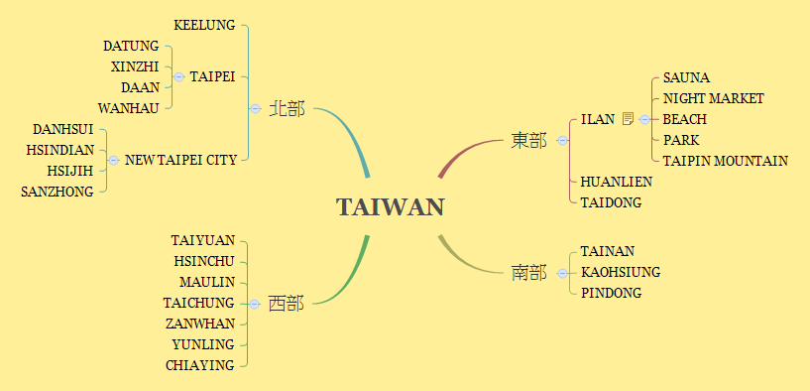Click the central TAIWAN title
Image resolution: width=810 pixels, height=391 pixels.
click(390, 207)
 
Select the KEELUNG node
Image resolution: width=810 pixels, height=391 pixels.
click(204, 25)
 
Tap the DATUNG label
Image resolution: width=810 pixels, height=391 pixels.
click(131, 46)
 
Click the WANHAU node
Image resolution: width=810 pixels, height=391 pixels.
click(128, 108)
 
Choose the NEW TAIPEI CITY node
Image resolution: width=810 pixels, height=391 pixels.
click(180, 160)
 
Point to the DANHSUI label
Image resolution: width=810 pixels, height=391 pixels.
click(62, 129)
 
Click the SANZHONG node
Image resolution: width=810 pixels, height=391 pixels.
click(57, 192)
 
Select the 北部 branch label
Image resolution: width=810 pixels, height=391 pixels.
click(287, 108)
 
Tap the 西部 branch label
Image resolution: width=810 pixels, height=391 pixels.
click(287, 304)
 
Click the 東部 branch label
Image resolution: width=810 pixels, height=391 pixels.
click(528, 141)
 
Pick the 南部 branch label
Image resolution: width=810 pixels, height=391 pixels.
click(528, 272)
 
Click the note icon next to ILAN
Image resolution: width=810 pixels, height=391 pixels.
click(627, 119)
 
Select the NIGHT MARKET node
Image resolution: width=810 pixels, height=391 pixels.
click(714, 98)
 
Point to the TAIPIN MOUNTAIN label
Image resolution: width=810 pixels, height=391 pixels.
click(726, 161)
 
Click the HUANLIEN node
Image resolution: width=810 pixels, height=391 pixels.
click(617, 182)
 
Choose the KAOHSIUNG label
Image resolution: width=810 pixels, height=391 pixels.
click(621, 272)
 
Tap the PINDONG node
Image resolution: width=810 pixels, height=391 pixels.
click(611, 293)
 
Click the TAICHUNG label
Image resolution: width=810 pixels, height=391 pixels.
click(199, 303)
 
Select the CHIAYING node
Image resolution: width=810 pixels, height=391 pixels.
click(200, 365)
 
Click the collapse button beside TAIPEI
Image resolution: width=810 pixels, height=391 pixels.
click(178, 76)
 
